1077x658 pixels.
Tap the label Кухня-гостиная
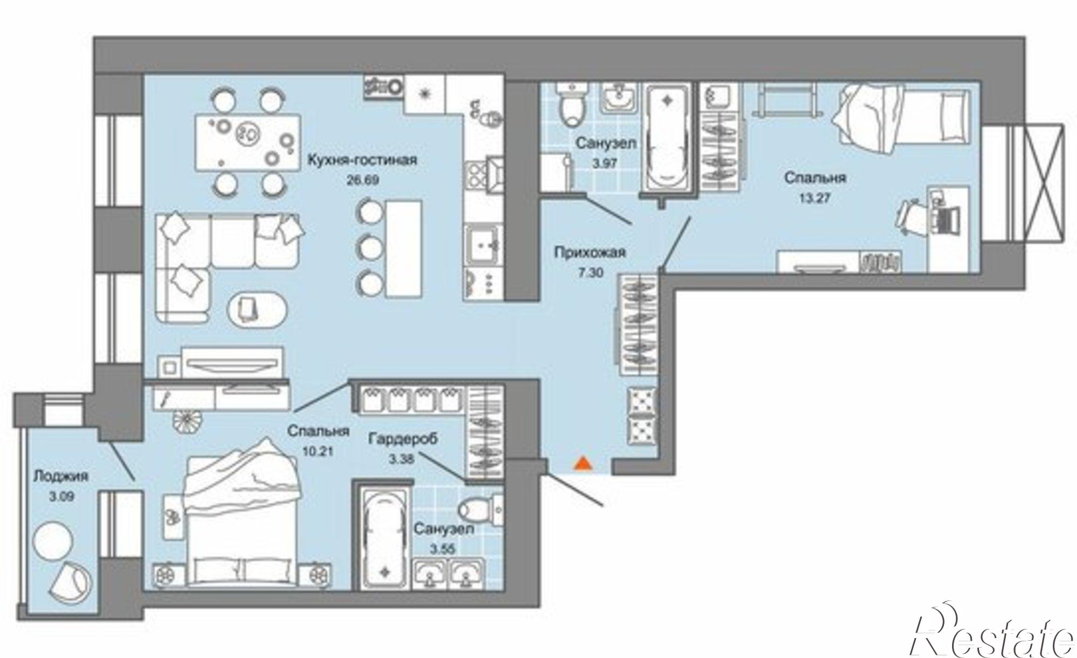pyautogui.click(x=362, y=160)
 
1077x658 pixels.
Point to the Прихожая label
pyautogui.click(x=590, y=252)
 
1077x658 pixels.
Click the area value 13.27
pyautogui.click(x=815, y=198)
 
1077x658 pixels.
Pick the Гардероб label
pyautogui.click(x=403, y=439)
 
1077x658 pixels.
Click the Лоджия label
pyautogui.click(x=60, y=476)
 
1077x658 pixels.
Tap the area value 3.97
pyautogui.click(x=604, y=163)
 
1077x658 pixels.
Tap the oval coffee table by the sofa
pyautogui.click(x=257, y=310)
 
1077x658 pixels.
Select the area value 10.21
pyautogui.click(x=318, y=451)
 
